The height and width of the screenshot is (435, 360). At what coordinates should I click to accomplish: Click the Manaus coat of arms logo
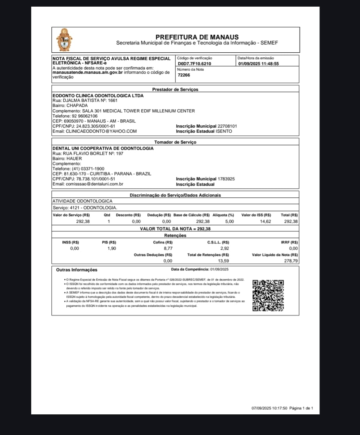(65, 39)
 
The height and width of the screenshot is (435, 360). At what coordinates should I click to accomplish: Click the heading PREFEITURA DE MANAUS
(197, 37)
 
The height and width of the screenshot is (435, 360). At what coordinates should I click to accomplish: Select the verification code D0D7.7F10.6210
(194, 64)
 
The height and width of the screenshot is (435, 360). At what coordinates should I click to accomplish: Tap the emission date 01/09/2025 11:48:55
(259, 64)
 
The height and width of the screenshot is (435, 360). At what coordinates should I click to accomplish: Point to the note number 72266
(184, 75)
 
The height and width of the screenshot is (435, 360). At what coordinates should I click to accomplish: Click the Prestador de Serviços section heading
(175, 89)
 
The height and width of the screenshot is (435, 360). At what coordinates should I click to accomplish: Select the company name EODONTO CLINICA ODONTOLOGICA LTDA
(98, 96)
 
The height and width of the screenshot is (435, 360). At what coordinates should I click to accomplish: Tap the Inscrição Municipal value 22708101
(227, 126)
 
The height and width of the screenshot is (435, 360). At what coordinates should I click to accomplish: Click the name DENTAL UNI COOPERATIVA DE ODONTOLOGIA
(103, 148)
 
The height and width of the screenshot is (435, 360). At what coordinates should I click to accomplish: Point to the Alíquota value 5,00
(229, 222)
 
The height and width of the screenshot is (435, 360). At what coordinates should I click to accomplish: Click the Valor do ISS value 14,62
(266, 222)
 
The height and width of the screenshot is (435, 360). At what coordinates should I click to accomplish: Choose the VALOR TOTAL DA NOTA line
(175, 229)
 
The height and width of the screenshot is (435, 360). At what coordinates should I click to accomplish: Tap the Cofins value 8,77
(168, 248)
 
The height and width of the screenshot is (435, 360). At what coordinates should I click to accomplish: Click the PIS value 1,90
(112, 248)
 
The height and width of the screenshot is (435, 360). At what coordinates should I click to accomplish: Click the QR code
(268, 295)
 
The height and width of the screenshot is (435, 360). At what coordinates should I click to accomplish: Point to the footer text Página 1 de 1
(302, 408)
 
